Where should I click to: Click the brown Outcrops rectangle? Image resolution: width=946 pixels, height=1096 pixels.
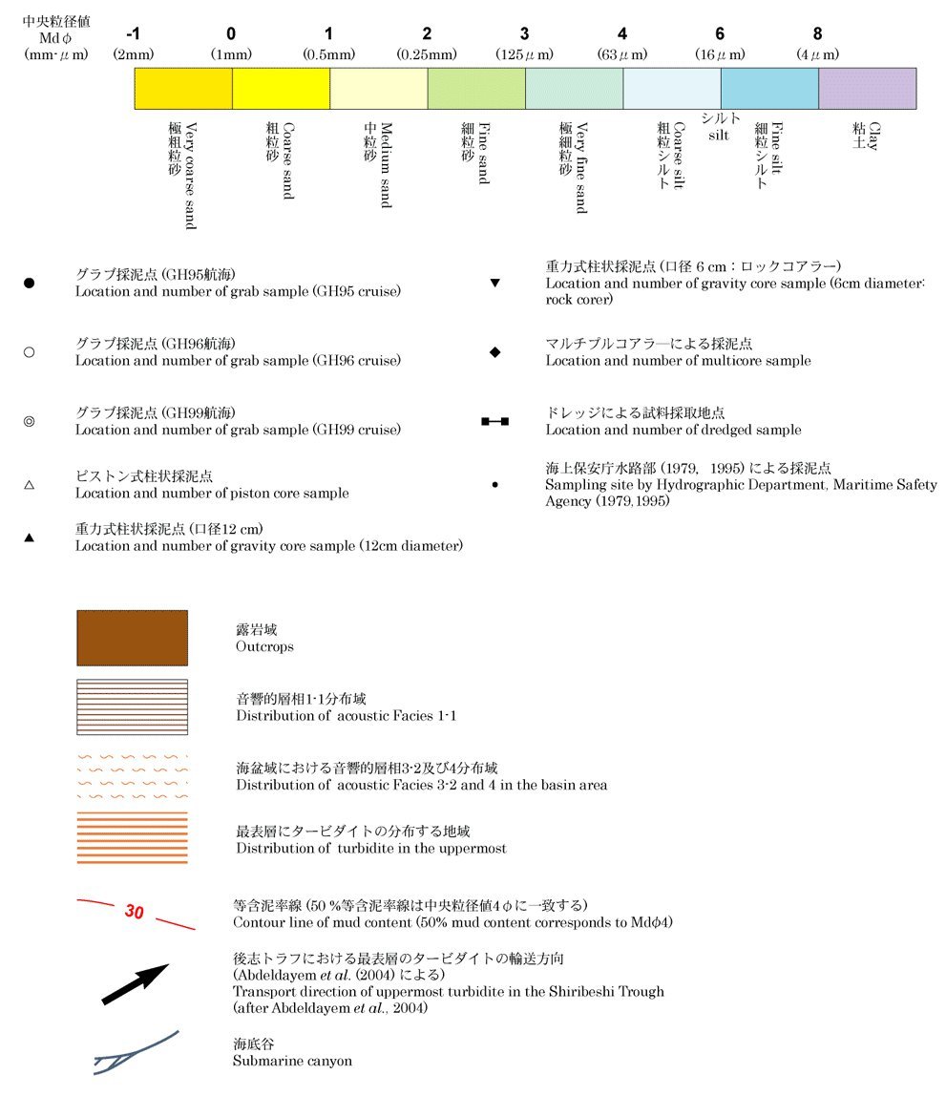point(132,638)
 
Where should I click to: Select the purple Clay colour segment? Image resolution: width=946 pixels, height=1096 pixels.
point(867,88)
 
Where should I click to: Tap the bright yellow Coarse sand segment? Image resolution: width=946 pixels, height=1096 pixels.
point(281,88)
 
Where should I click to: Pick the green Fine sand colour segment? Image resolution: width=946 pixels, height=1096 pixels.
point(475,88)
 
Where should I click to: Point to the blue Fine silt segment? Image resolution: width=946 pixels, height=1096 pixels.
point(768,88)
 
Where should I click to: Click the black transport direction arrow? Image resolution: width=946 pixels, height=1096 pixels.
point(135,983)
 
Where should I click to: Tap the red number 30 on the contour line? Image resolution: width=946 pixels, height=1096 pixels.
point(134,912)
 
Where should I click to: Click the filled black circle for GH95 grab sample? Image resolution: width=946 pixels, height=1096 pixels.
point(29,284)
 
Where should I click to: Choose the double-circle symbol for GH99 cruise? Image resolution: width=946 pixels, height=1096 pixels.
point(29,421)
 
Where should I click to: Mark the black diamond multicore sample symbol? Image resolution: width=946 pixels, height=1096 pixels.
point(494,352)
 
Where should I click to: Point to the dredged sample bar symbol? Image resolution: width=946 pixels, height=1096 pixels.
point(494,421)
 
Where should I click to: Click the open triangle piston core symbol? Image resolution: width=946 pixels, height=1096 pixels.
point(29,485)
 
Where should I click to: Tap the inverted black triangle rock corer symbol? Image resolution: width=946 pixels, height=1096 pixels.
point(494,284)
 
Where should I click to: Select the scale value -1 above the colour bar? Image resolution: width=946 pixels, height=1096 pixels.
point(133,35)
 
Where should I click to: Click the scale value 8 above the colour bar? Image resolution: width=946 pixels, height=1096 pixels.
point(817,35)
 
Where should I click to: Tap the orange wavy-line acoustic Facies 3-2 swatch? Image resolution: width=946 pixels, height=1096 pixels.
point(132,776)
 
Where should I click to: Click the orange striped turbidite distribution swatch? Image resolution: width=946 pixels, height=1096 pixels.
point(132,837)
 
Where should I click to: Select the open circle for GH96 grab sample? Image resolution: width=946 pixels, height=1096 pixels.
point(29,352)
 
